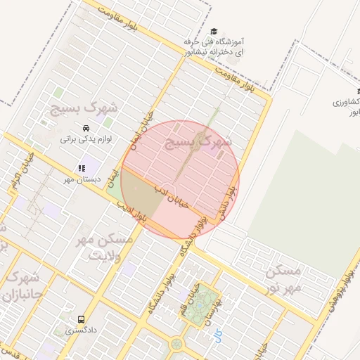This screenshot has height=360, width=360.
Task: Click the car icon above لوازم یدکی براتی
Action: click(85, 129)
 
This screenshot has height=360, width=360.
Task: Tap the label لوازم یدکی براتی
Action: click(85, 139)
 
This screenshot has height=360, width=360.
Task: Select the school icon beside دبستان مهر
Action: click(81, 169)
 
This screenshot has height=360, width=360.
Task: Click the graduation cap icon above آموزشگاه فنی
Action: click(214, 31)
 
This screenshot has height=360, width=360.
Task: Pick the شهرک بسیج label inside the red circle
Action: click(198, 143)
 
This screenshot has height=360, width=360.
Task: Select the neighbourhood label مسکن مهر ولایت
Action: click(103, 245)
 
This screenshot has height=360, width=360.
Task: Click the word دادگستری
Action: click(82, 329)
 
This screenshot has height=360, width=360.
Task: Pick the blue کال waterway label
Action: click(217, 336)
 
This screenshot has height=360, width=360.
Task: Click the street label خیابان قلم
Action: click(193, 292)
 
